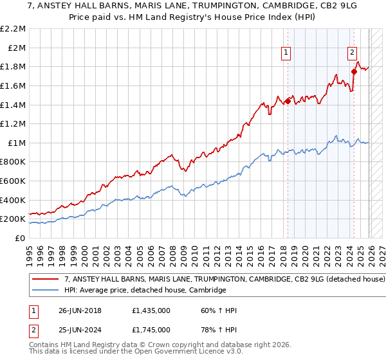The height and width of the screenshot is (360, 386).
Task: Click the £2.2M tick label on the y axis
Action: (x=14, y=29)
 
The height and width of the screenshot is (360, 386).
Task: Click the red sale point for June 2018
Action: (x=288, y=101)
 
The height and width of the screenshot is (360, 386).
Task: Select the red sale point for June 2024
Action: (x=354, y=71)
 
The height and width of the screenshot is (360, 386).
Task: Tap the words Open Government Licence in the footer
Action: (x=170, y=354)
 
